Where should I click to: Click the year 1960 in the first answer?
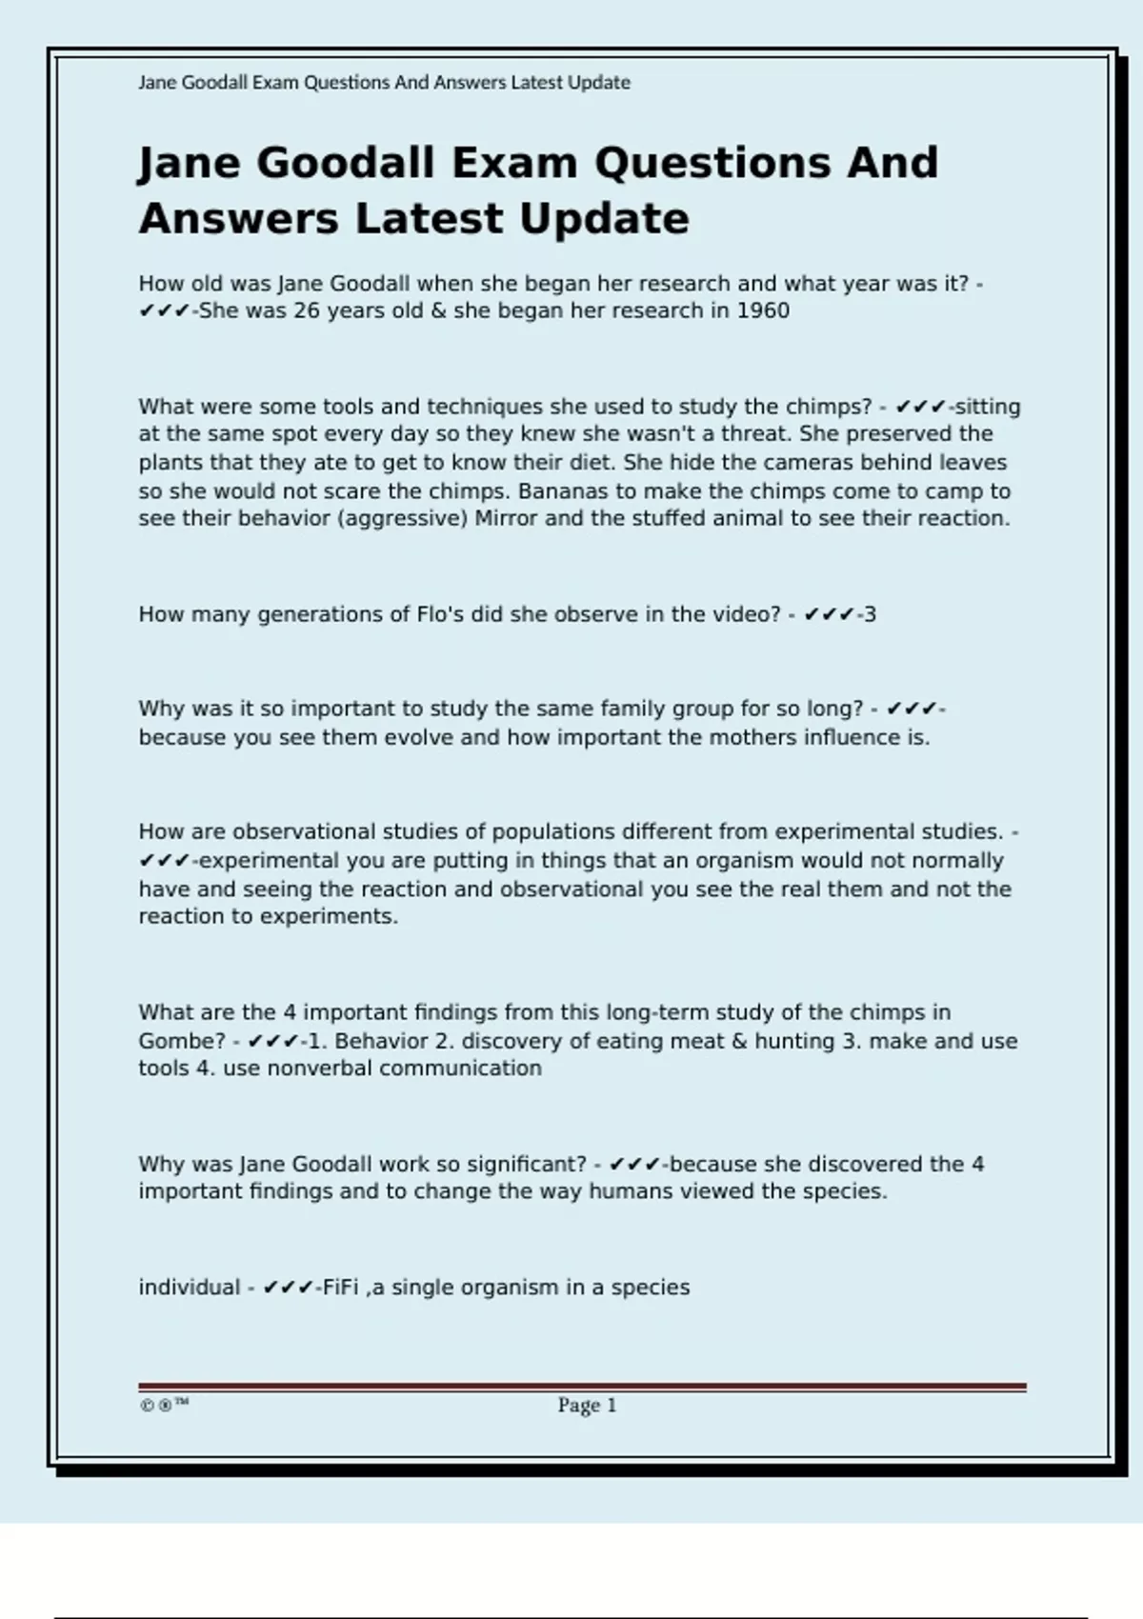(x=763, y=311)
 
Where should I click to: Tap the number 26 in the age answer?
(x=306, y=311)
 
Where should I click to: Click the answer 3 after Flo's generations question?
(x=870, y=615)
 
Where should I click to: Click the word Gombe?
(x=182, y=1041)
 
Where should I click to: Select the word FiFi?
(x=340, y=1288)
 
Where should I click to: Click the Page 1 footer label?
(x=587, y=1405)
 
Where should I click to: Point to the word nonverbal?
(x=320, y=1069)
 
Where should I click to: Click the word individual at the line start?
(x=189, y=1288)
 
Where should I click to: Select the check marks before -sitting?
(x=920, y=408)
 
